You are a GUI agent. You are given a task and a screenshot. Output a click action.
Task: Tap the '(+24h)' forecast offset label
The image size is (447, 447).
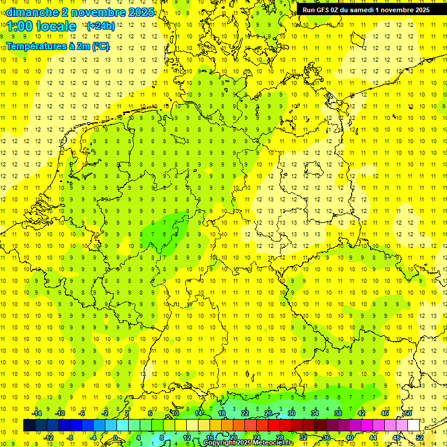pyautogui.click(x=101, y=26)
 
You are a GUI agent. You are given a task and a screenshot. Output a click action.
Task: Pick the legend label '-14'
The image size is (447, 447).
pyautogui.click(x=37, y=413)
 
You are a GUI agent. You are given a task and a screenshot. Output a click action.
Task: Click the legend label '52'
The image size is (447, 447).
pyautogui.click(x=420, y=437)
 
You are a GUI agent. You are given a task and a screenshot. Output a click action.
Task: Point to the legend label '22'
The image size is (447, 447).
pyautogui.click(x=244, y=413)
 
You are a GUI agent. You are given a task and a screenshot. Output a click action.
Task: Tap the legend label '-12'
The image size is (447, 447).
pyautogui.click(x=49, y=437)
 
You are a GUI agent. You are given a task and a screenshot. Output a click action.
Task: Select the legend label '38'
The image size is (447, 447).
pyautogui.click(x=338, y=413)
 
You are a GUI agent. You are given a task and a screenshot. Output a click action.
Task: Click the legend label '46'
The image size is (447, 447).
pyautogui.click(x=385, y=413)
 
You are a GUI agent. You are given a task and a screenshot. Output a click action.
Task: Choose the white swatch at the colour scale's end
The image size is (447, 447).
pyautogui.click(x=413, y=425)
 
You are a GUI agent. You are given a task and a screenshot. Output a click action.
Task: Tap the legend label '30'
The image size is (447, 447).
pyautogui.click(x=291, y=413)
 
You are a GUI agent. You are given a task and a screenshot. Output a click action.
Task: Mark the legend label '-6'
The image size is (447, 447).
pyautogui.click(x=83, y=413)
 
